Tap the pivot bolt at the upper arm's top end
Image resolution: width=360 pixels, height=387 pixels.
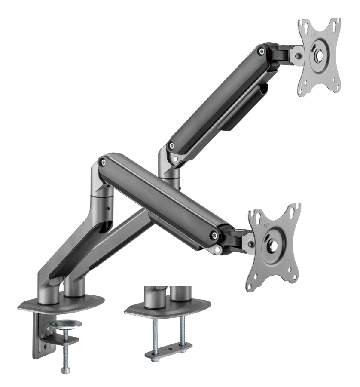[261, 51]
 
